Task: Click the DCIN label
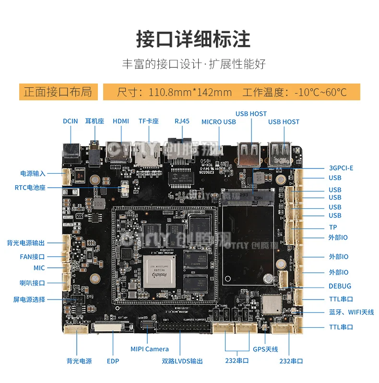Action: [x=70, y=121]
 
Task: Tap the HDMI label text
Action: [x=121, y=121]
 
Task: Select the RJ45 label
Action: [x=182, y=121]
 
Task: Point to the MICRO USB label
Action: [x=218, y=122]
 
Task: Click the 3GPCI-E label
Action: [x=341, y=168]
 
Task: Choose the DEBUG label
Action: [x=340, y=286]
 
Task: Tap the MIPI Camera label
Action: [x=150, y=349]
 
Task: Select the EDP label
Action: [x=113, y=361]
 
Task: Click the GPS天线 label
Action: [x=265, y=349]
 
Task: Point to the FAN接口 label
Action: [x=32, y=257]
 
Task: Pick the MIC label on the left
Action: [x=39, y=268]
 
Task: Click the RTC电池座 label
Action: [x=30, y=188]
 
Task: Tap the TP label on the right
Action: [x=333, y=227]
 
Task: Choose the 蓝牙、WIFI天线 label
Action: [x=351, y=312]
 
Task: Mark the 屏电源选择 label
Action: [x=29, y=299]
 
